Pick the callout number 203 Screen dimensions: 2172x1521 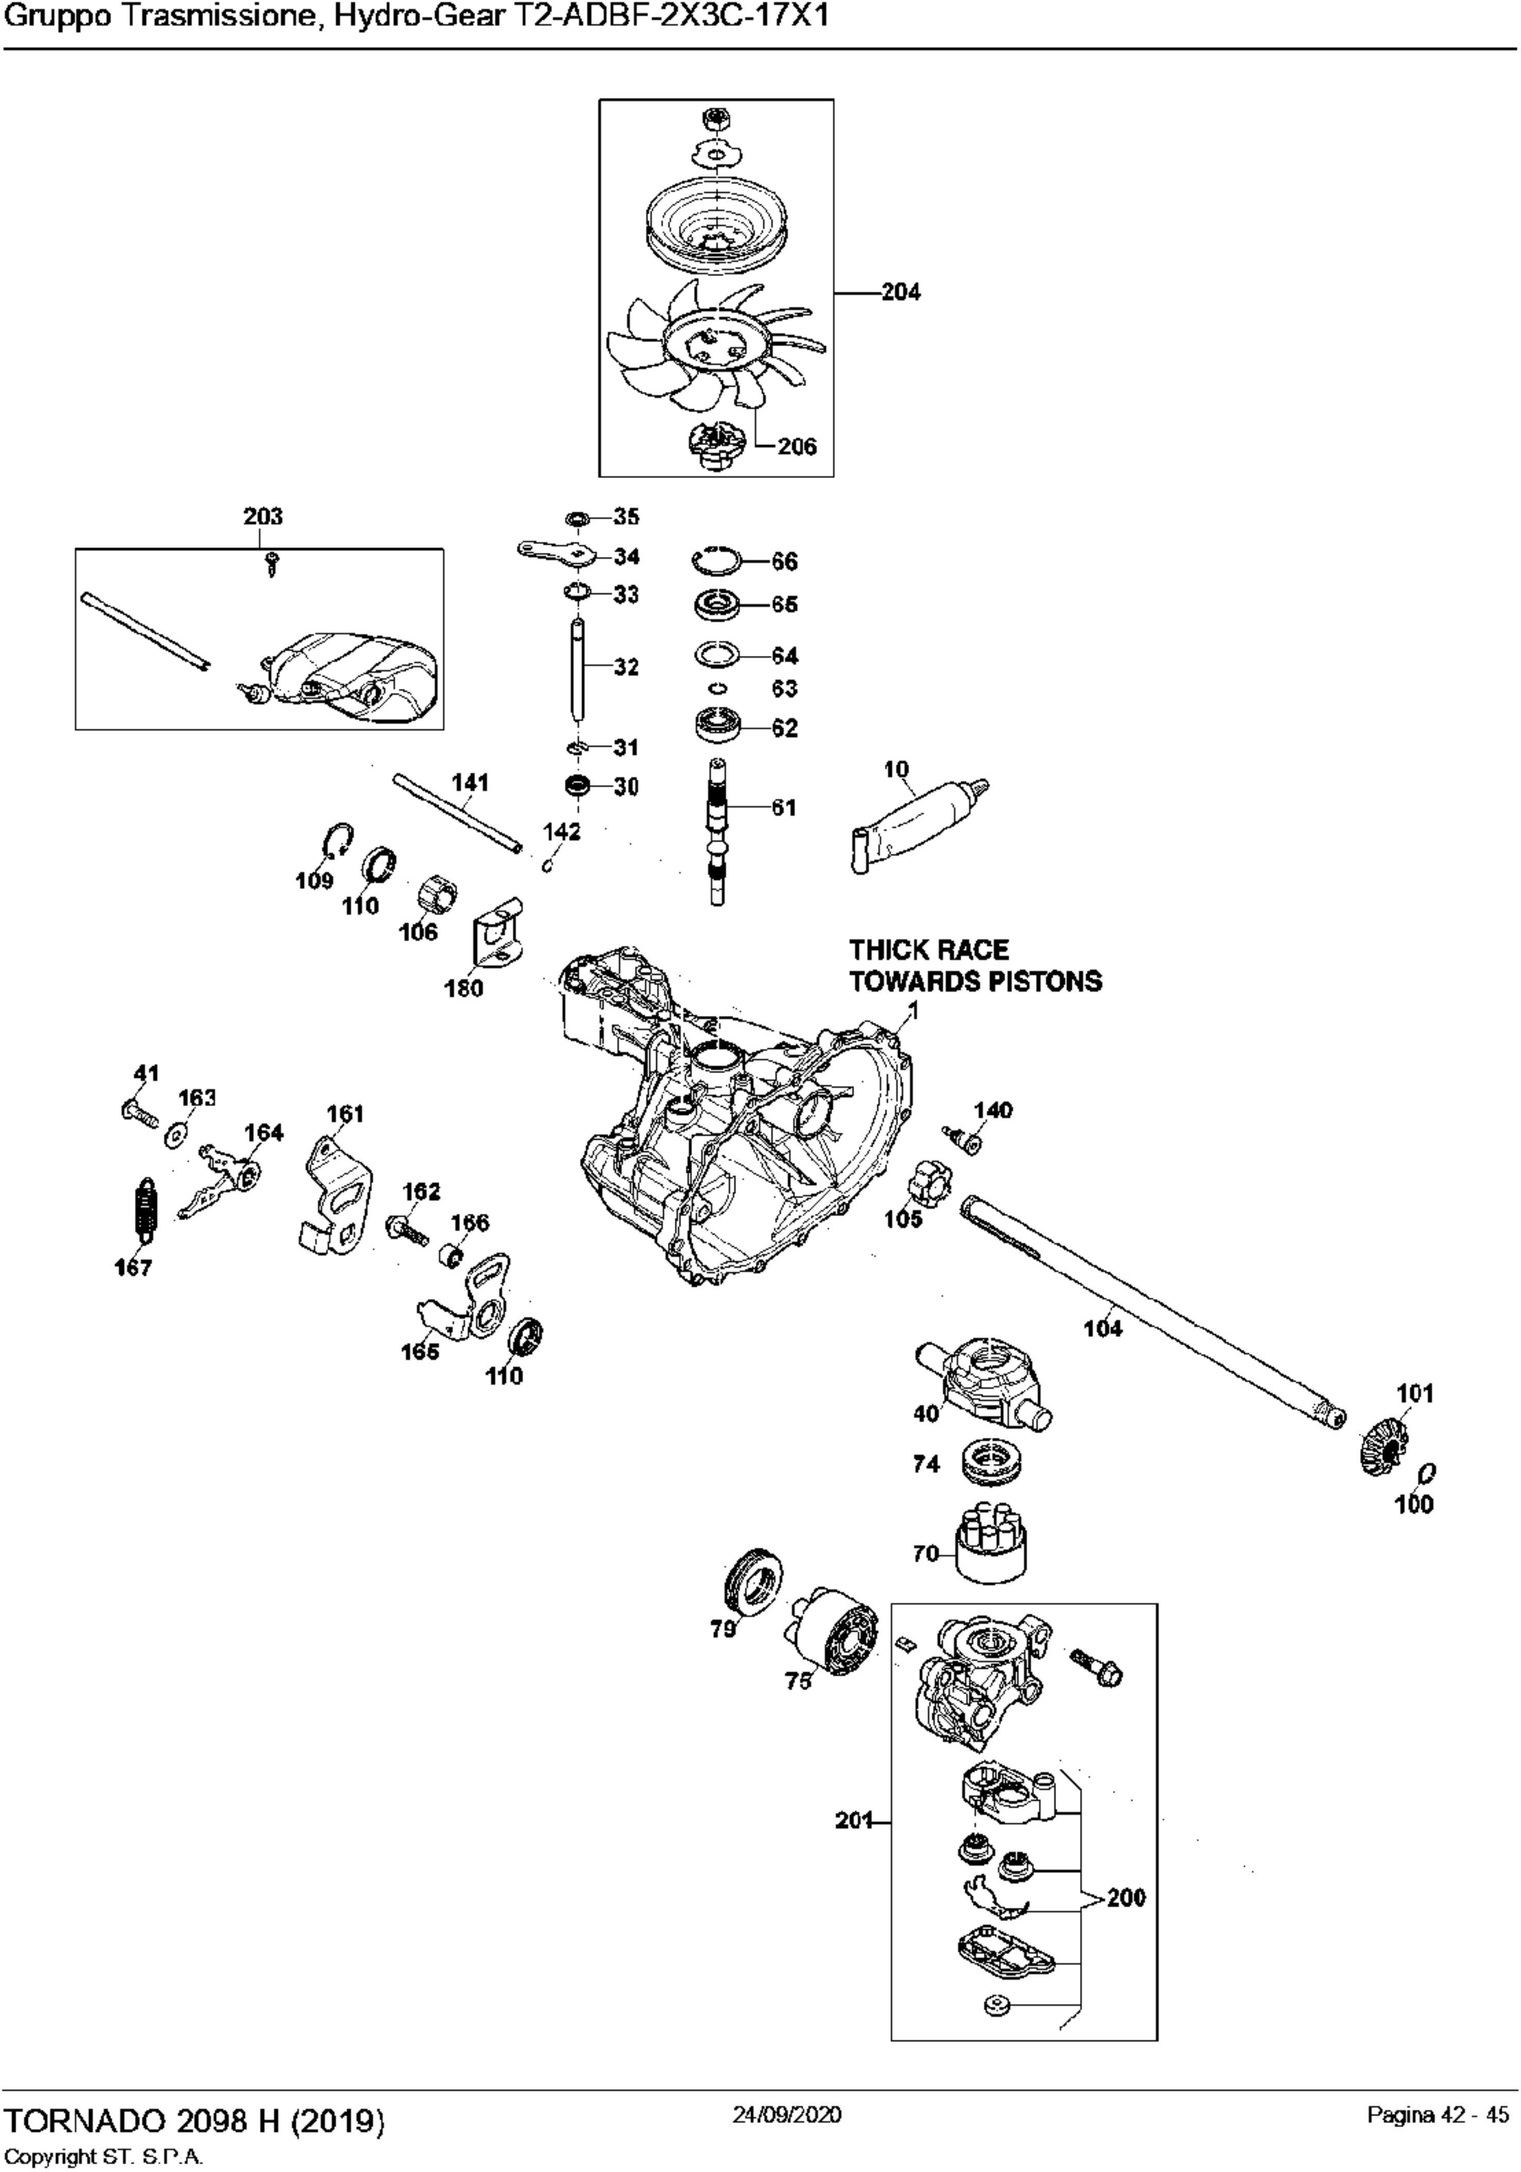tap(262, 517)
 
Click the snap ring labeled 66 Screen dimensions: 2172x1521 tap(717, 561)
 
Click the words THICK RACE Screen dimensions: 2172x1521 tap(928, 950)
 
